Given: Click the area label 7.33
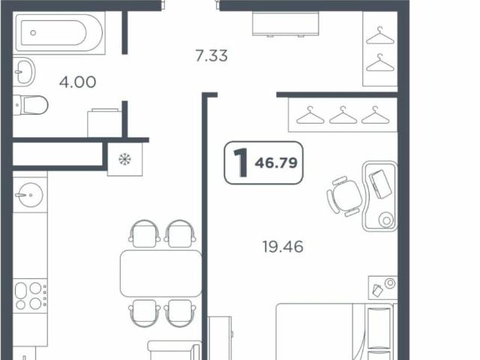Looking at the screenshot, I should [211, 55].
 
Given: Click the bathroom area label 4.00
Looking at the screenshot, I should [78, 82].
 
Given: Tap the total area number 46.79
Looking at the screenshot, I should [278, 162].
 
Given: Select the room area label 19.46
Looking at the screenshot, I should [283, 246].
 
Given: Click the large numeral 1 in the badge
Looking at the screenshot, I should [241, 163].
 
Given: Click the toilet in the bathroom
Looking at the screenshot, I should [31, 105].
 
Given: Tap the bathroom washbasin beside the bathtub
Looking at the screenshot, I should [24, 72].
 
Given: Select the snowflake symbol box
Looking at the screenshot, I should [124, 159].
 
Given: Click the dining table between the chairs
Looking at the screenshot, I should [160, 274].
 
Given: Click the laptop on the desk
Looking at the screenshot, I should [382, 183].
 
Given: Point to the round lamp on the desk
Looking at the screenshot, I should [385, 220].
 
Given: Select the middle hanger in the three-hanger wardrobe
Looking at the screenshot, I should [343, 115].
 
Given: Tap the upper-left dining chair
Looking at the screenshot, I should [142, 232].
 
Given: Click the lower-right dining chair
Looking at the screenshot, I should [180, 311].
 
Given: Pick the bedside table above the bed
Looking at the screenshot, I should [382, 288].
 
